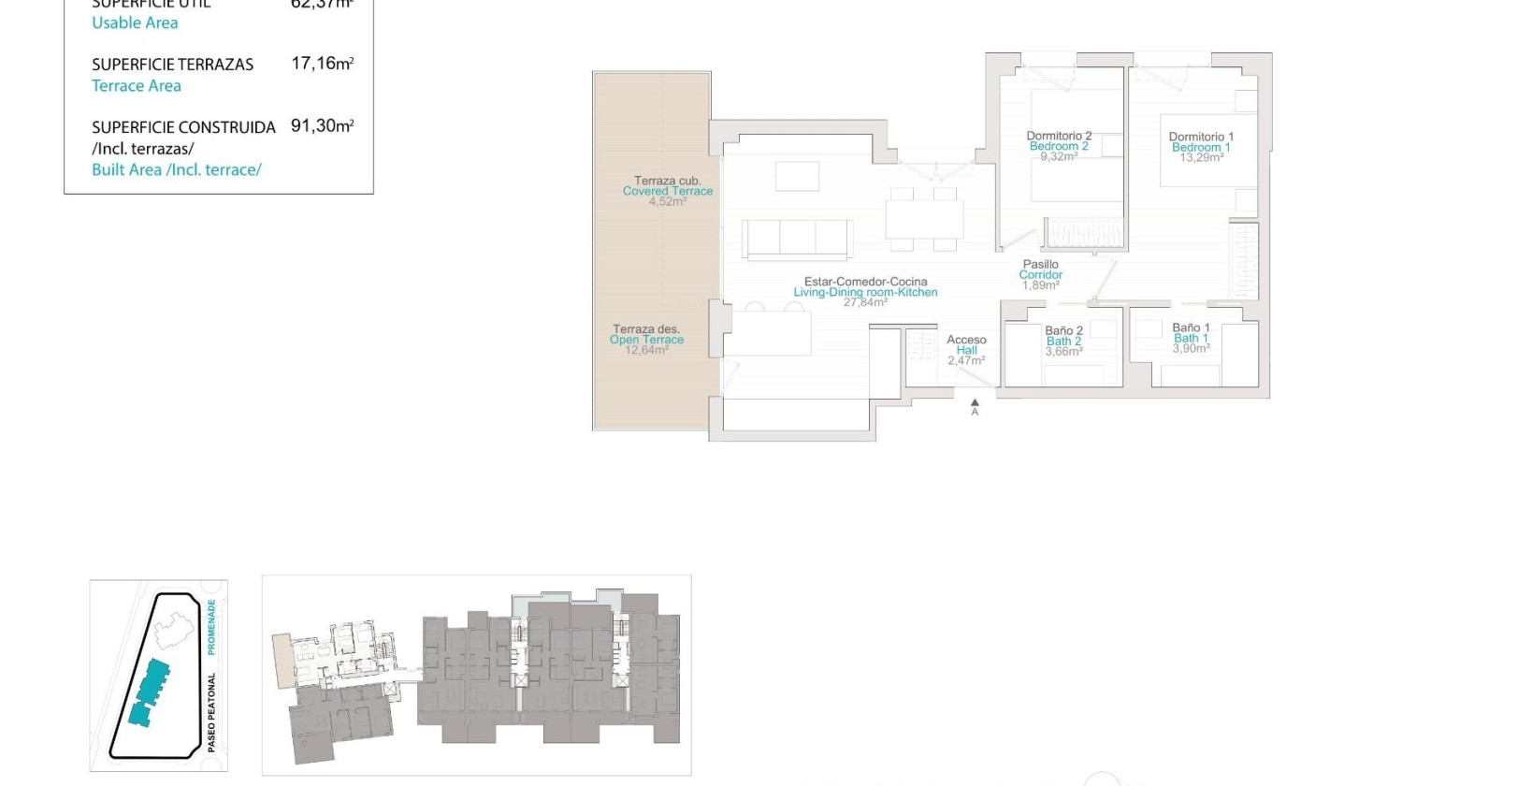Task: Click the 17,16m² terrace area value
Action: coord(322,64)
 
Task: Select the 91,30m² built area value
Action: coord(322,126)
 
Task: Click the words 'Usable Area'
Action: coord(135,23)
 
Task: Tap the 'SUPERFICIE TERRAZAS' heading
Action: coord(172,65)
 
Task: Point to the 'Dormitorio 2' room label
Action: coord(1059,136)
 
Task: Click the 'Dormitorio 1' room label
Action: coord(1201,137)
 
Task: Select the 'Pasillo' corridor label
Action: coord(1040,265)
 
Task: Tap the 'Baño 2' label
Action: coord(1063,330)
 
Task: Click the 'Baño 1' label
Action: coord(1191,327)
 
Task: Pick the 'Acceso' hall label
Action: coord(966,340)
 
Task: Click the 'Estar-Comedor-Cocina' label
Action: coord(865,282)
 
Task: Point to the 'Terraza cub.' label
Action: coord(667,181)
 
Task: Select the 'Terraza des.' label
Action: coord(646,329)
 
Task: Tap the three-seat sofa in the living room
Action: coord(797,238)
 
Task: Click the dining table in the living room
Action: coord(924,219)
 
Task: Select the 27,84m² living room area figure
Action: coord(865,302)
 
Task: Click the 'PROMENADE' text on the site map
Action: coord(211,627)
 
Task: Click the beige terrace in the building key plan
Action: coord(282,660)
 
